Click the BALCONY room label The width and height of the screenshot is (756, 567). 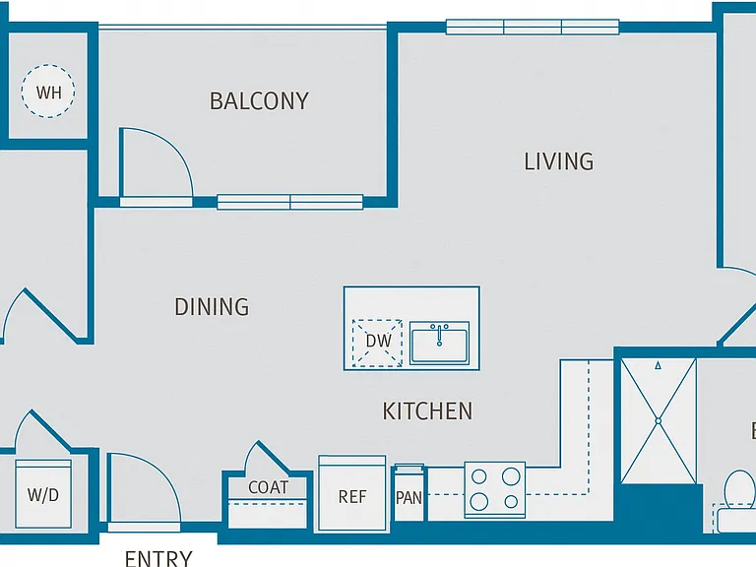click(x=259, y=101)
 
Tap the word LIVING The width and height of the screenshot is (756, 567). click(x=559, y=161)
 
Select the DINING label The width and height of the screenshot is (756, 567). click(x=212, y=307)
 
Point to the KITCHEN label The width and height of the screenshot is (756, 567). click(x=427, y=411)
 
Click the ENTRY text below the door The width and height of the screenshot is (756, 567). click(x=158, y=558)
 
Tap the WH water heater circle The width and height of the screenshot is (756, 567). click(x=48, y=92)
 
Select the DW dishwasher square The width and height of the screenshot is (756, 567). click(x=377, y=343)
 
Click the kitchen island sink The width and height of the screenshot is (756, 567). click(x=439, y=343)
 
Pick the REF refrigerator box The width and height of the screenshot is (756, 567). click(x=352, y=493)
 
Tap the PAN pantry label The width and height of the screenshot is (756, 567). click(x=409, y=497)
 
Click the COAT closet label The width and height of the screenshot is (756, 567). click(x=268, y=487)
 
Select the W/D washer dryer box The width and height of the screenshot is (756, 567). click(x=43, y=494)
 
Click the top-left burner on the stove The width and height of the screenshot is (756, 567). click(x=478, y=476)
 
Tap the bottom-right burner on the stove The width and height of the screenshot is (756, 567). click(x=511, y=502)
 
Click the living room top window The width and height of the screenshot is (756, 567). click(x=533, y=27)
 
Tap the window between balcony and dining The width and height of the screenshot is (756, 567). click(x=289, y=202)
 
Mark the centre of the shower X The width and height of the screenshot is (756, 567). click(x=659, y=421)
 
